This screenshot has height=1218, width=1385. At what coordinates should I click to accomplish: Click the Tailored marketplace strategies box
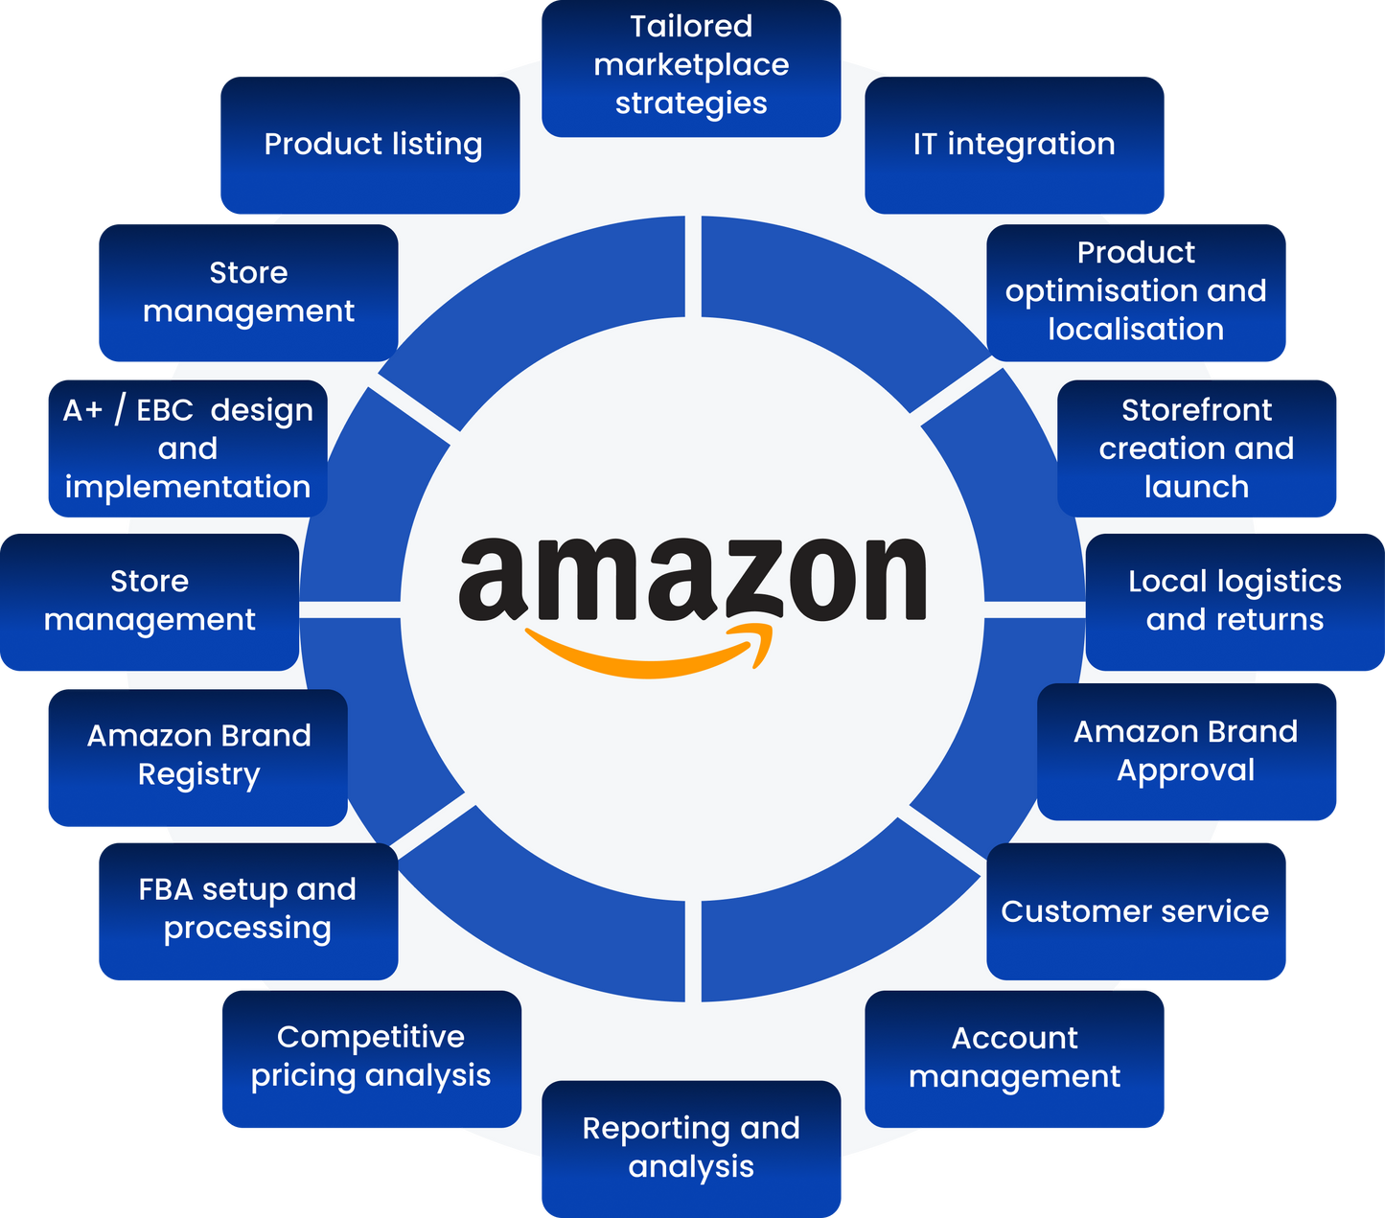point(691,67)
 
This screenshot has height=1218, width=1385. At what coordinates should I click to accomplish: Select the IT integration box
point(1015,144)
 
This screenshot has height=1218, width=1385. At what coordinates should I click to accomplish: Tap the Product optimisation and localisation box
point(1137,291)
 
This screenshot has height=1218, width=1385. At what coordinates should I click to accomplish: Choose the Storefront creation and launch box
point(1197,448)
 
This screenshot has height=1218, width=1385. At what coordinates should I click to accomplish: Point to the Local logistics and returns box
point(1235,601)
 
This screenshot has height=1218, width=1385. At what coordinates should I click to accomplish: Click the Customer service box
point(1136,911)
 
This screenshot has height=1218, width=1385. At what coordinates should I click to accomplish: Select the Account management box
point(1015,1058)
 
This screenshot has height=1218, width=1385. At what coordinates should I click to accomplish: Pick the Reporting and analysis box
point(691,1148)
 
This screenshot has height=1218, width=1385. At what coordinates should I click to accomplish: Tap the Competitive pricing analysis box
point(371,1058)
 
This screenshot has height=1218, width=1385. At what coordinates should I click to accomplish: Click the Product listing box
point(373,144)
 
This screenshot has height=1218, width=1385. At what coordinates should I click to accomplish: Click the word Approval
point(1186,771)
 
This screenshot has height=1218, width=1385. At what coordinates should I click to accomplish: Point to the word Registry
point(198,775)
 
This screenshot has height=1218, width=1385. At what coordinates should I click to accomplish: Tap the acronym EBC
point(165,411)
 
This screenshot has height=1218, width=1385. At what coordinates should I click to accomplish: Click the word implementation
point(188,488)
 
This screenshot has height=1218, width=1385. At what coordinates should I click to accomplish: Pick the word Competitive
point(371,1038)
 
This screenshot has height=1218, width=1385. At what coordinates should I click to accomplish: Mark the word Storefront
point(1197,410)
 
